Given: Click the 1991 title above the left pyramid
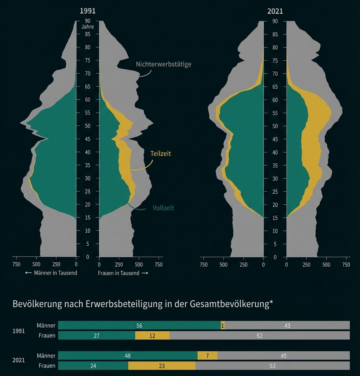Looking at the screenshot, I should click(x=87, y=11).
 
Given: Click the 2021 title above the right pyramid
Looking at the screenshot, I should click(x=275, y=11).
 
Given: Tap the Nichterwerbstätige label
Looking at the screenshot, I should click(x=164, y=64).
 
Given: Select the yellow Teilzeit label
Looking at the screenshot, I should click(x=161, y=153).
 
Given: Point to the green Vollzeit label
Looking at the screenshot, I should click(x=163, y=208).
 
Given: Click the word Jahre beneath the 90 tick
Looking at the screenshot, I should click(x=87, y=27).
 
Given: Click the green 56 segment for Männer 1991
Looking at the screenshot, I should click(x=139, y=326).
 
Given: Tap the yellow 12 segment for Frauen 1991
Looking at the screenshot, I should click(x=152, y=336).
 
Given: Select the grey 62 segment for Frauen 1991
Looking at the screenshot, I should click(x=260, y=336).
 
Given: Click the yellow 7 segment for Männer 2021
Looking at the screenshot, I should click(x=207, y=356).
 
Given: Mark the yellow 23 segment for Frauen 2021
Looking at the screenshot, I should click(x=162, y=366).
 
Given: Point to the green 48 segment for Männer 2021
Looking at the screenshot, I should click(x=128, y=356).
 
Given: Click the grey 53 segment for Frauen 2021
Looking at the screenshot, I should click(x=272, y=366).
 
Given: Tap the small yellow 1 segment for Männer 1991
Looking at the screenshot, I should click(x=223, y=326).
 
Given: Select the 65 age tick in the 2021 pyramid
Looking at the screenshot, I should click(x=275, y=87).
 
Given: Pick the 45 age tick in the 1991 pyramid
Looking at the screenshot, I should click(x=87, y=139).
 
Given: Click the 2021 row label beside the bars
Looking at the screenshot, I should click(x=19, y=360).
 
